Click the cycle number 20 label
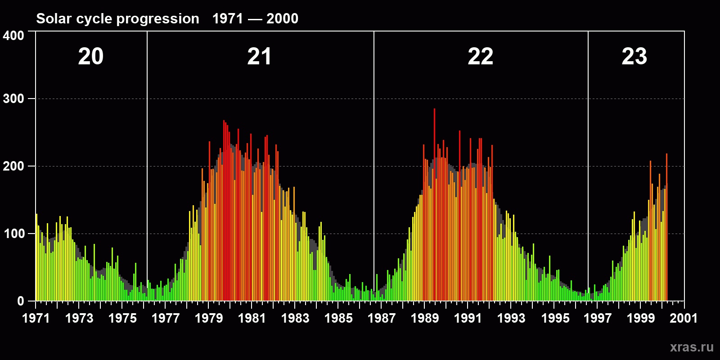pyautogui.click(x=91, y=57)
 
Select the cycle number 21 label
pyautogui.click(x=259, y=57)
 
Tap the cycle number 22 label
pyautogui.click(x=481, y=57)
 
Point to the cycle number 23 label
pyautogui.click(x=634, y=57)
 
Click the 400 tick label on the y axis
pyautogui.click(x=13, y=36)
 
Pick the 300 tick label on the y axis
pyautogui.click(x=13, y=99)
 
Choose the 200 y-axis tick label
pyautogui.click(x=13, y=166)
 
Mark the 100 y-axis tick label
pyautogui.click(x=13, y=234)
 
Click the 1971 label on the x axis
pyautogui.click(x=36, y=318)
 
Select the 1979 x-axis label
pyautogui.click(x=209, y=318)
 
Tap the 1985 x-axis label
pyautogui.click(x=338, y=318)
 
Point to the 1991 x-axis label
pyautogui.click(x=468, y=318)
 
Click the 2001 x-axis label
pyautogui.click(x=684, y=318)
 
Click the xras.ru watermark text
pyautogui.click(x=692, y=347)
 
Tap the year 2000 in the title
pyautogui.click(x=282, y=18)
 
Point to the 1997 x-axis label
pyautogui.click(x=598, y=318)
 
